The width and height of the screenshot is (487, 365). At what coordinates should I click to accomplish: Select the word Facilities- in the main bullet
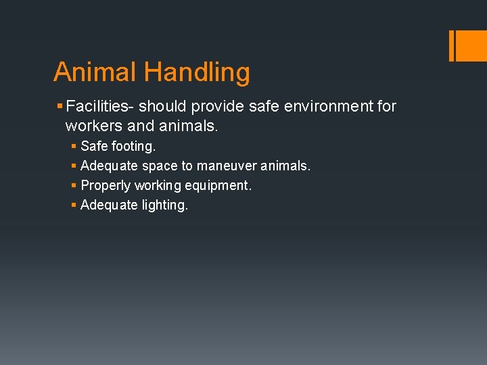coord(101,107)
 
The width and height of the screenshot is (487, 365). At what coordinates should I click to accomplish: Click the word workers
coord(91,126)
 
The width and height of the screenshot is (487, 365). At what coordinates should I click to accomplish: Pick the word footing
coord(133,146)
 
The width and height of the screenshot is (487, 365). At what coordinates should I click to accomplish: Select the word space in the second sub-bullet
coord(160,166)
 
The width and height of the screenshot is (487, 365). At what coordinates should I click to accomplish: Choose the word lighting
coord(165,205)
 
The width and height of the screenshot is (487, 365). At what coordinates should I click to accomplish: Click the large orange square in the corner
coord(472,45)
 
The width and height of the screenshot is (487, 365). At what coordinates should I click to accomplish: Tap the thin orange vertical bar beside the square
coord(451,45)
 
